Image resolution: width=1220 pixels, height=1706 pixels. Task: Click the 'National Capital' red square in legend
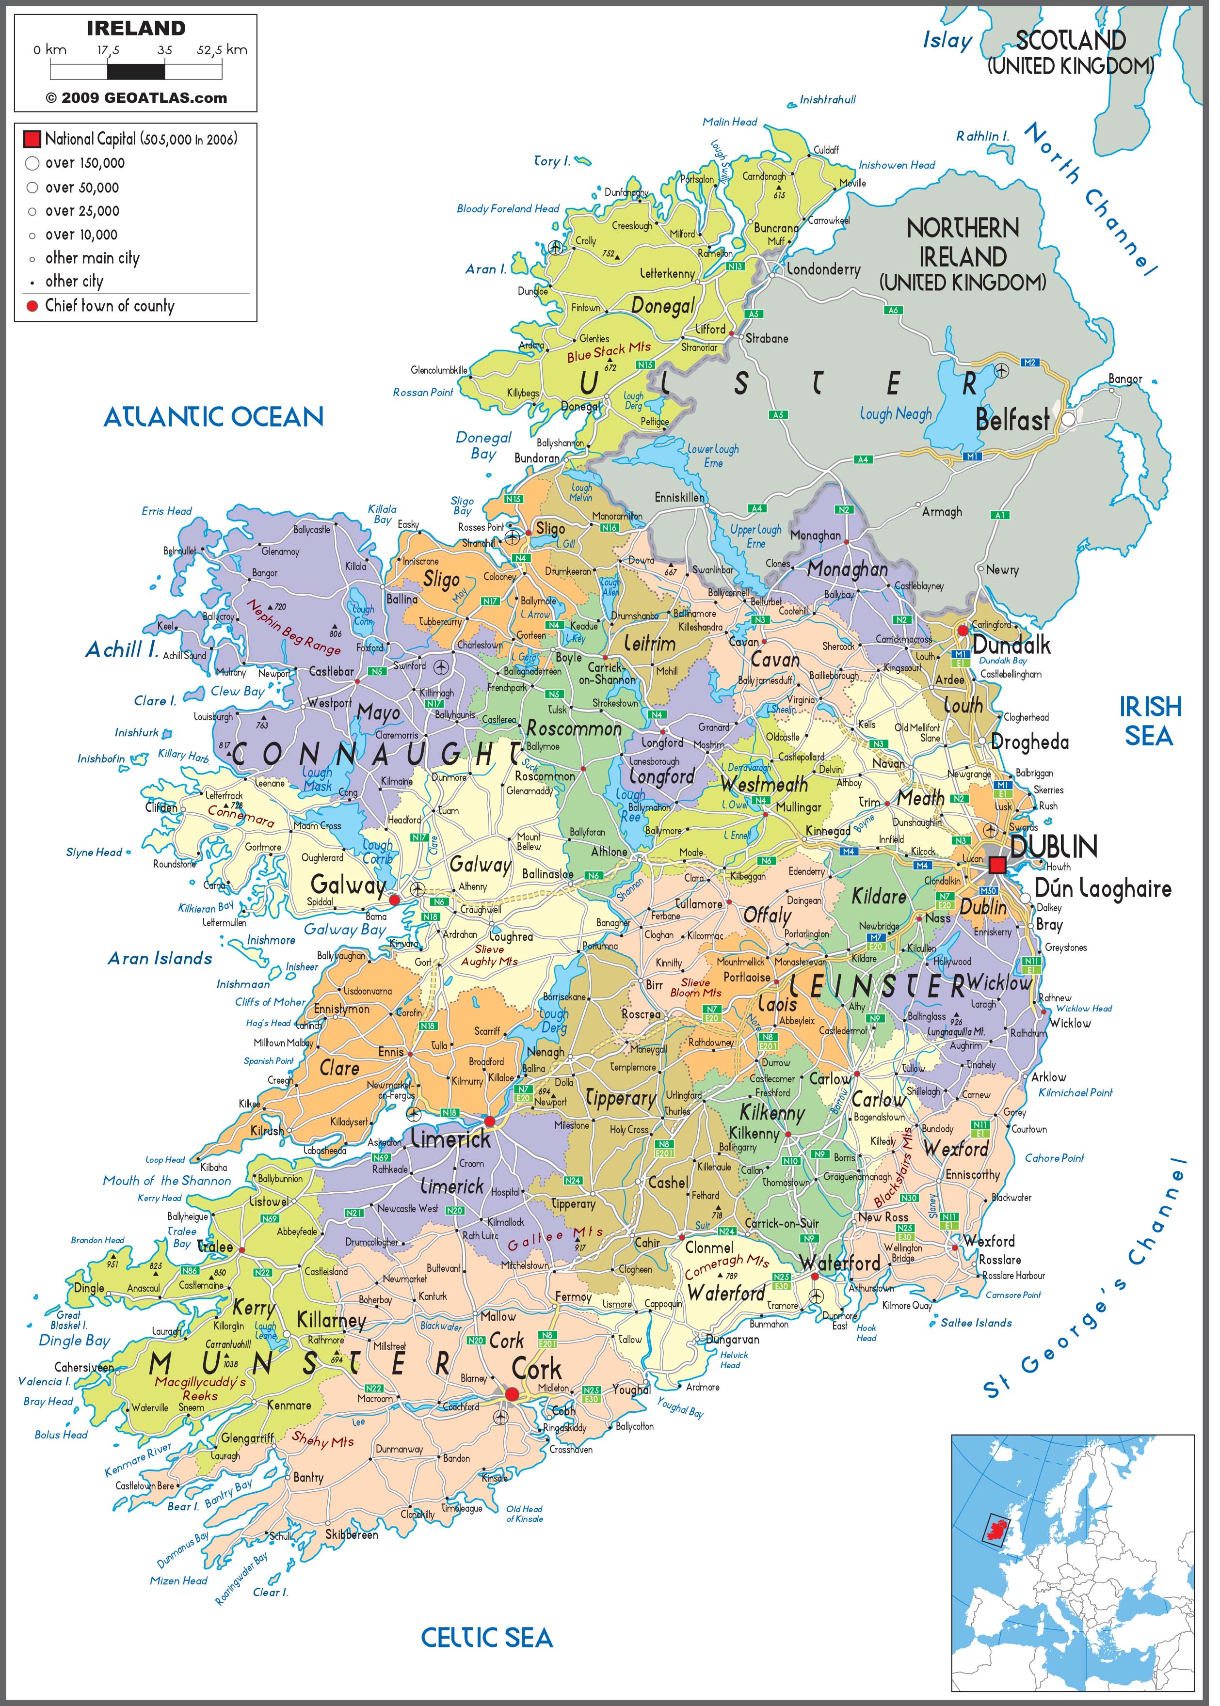pyautogui.click(x=32, y=140)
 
